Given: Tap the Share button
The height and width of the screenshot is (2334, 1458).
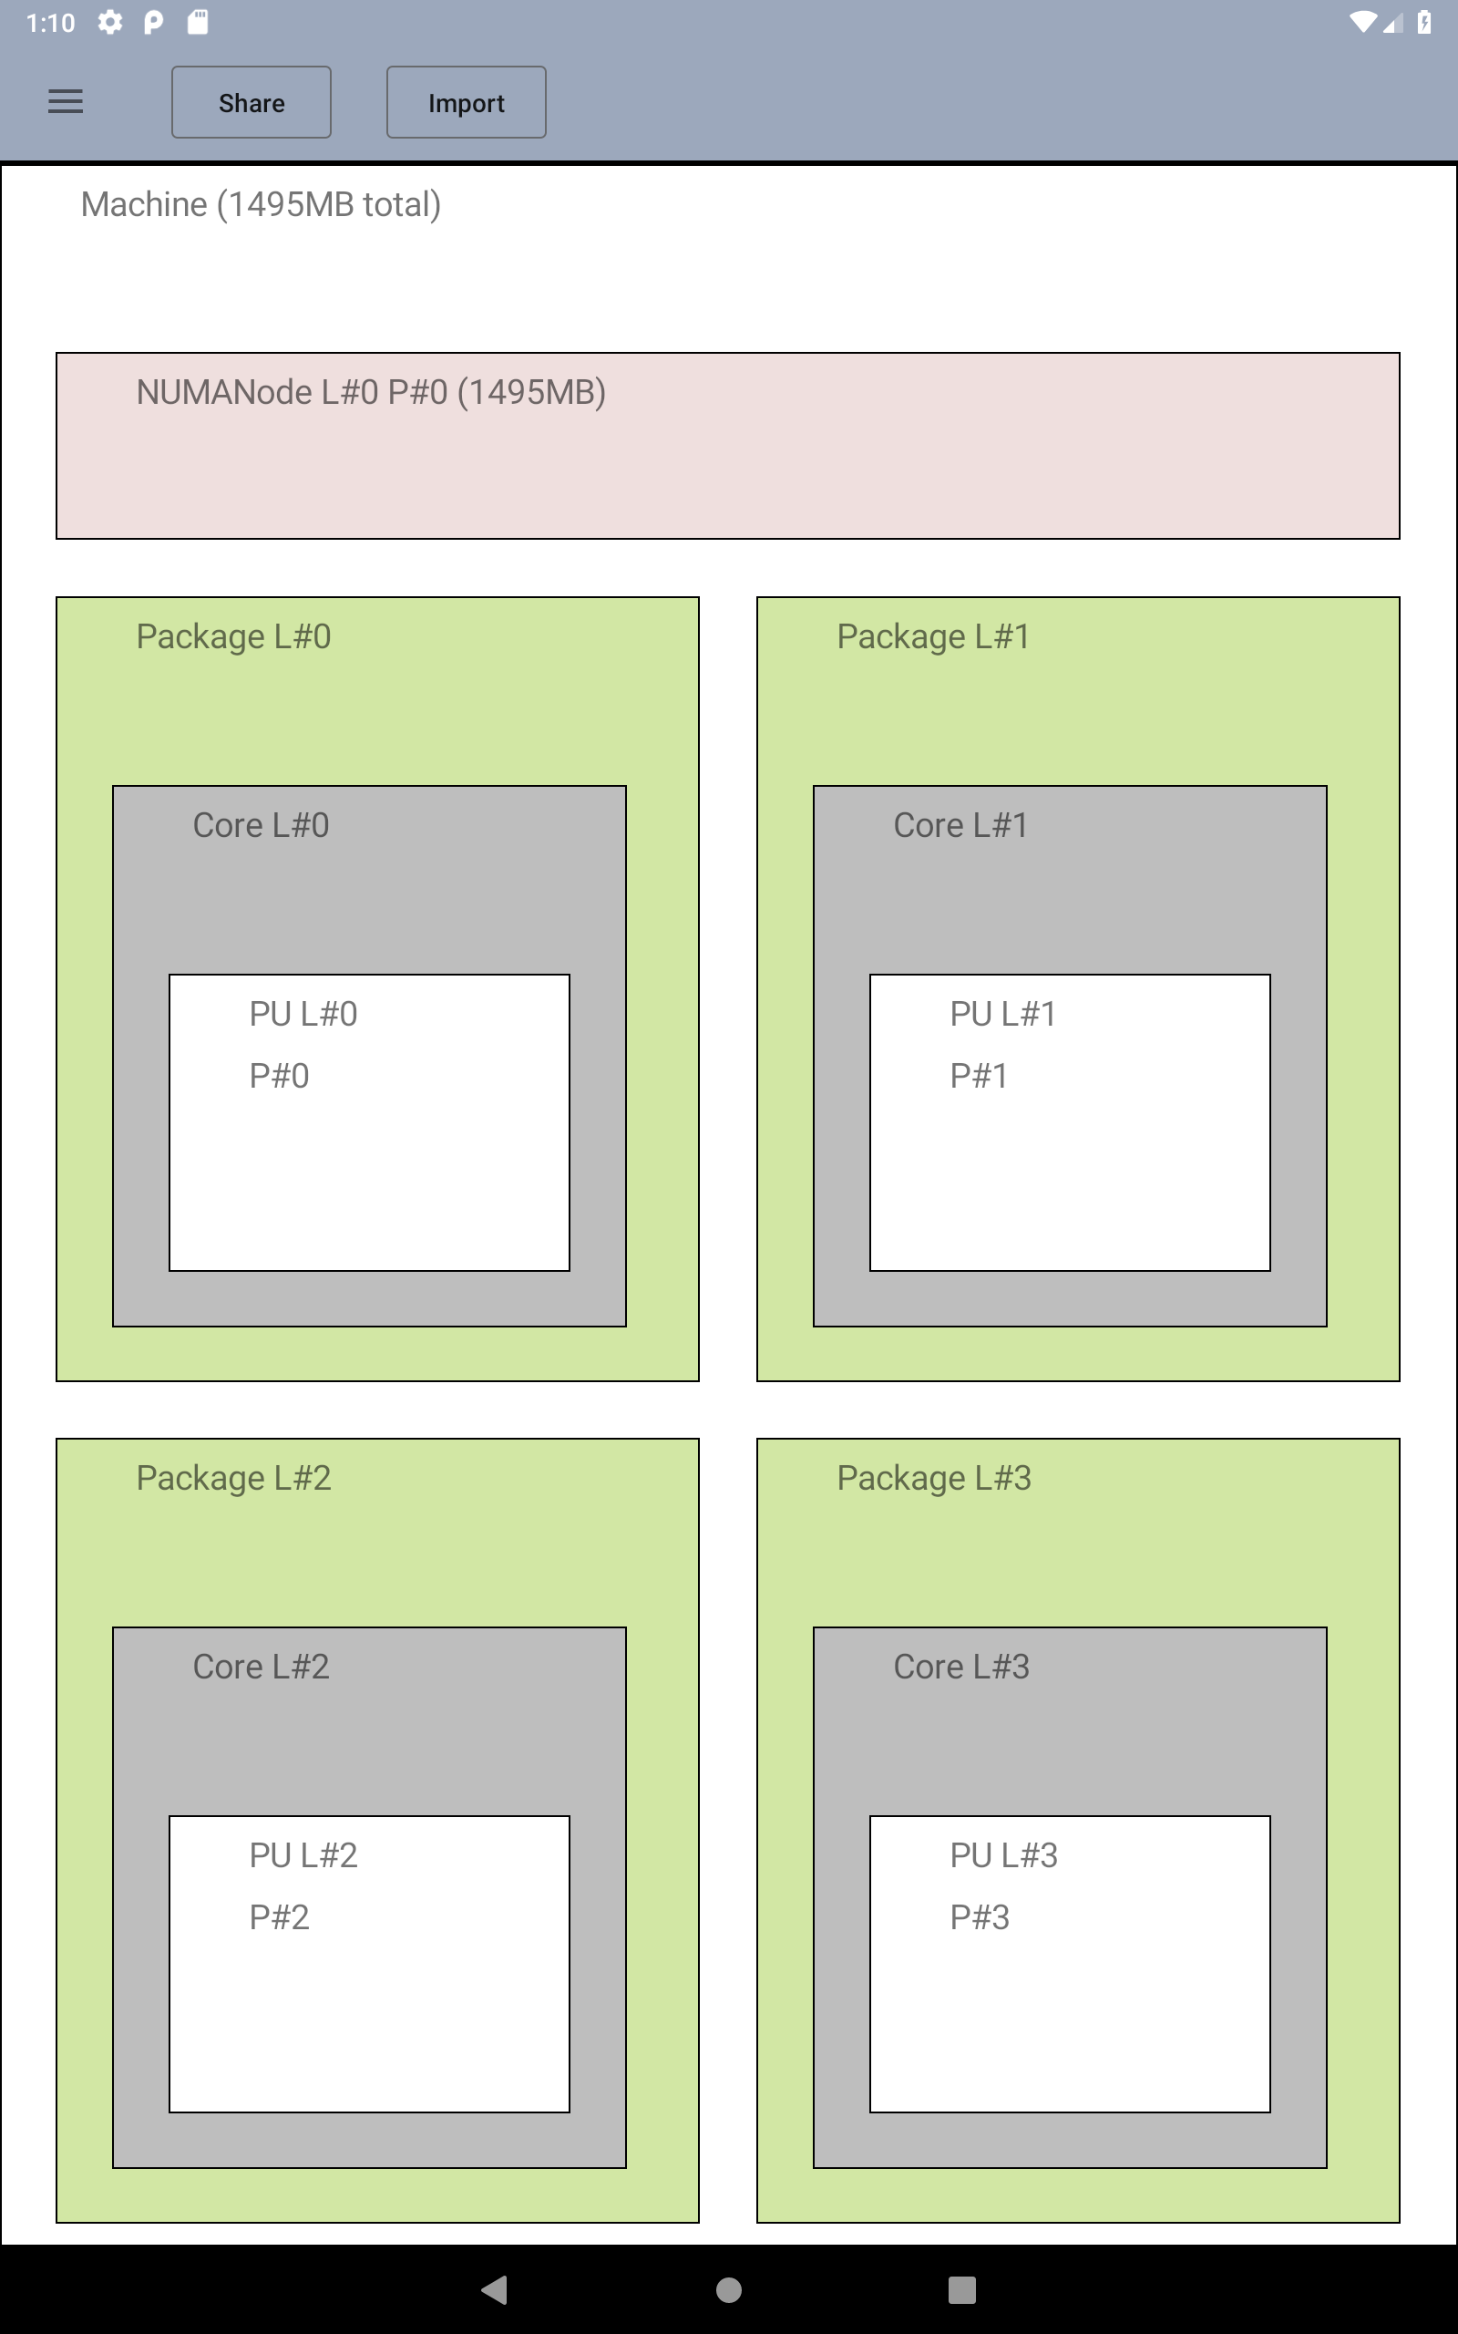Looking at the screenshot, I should tap(252, 102).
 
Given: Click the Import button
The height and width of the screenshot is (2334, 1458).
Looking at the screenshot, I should tap(466, 102).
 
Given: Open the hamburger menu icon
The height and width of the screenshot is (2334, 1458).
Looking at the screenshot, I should tap(66, 101).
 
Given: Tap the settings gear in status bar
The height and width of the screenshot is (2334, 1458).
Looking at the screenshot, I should tap(110, 22).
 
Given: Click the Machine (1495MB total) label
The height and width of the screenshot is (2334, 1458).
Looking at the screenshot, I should tap(261, 204).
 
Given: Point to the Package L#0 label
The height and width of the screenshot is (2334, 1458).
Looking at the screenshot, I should tap(233, 636).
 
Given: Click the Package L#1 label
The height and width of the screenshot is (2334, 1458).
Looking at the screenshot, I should tap(932, 636).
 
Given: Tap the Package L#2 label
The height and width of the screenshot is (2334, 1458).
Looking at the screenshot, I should tap(233, 1478).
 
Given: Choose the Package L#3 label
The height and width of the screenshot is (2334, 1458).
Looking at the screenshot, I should tap(933, 1478).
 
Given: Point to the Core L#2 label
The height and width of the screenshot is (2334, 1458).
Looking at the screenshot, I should tap(261, 1667).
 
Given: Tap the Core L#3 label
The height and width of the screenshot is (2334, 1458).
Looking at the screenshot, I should tap(961, 1667).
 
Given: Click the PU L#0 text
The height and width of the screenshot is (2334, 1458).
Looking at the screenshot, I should tap(303, 1014).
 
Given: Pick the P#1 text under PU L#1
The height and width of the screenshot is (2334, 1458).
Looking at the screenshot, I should tap(979, 1076).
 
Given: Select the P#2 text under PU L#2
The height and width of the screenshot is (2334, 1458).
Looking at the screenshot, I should tap(279, 1917).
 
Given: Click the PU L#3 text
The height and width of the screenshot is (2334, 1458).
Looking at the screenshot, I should tap(1003, 1854).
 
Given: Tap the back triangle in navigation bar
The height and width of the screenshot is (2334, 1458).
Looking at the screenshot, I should tap(495, 2289).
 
